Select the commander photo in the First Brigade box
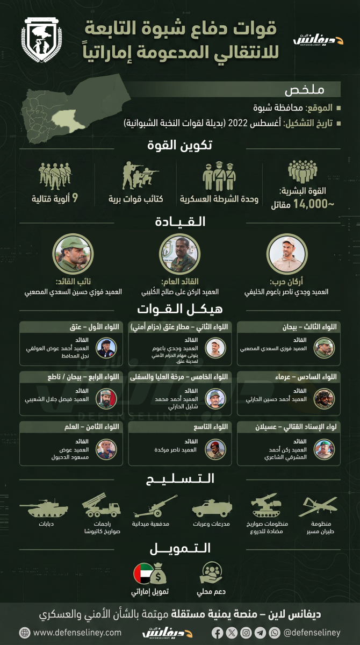click(x=106, y=348)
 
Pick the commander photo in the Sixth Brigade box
click(x=324, y=398)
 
